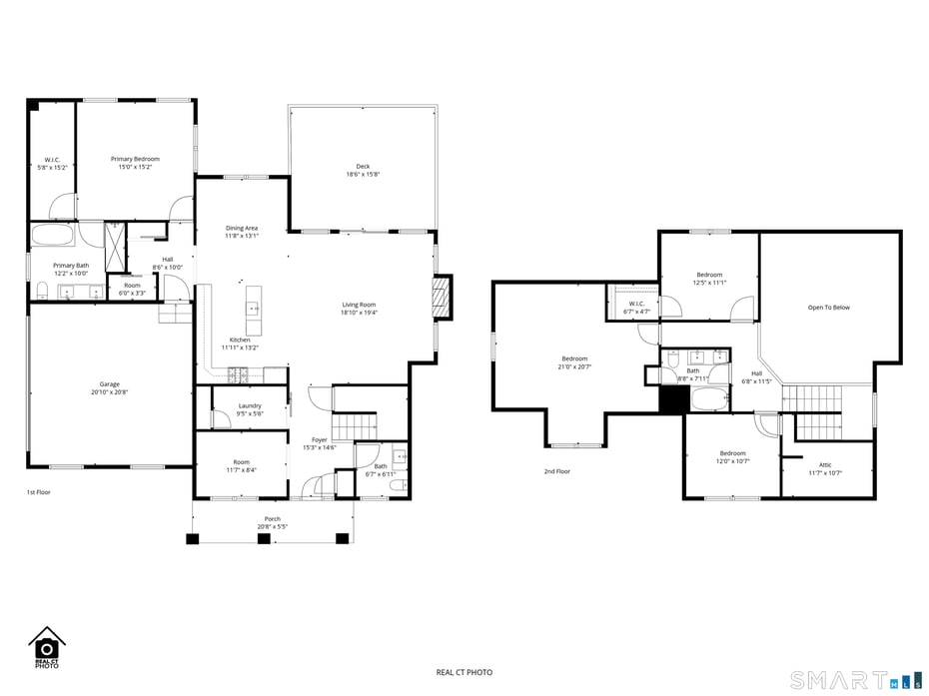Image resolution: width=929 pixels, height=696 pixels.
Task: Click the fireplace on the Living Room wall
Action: click(441, 298)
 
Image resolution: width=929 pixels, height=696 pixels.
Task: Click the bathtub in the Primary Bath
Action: click(52, 237)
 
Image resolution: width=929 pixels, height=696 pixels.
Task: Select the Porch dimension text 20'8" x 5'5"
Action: click(272, 526)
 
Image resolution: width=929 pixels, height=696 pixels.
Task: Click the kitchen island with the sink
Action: click(253, 310)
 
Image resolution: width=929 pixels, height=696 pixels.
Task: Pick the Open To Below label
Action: click(828, 308)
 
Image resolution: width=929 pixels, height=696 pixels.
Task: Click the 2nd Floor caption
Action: click(556, 471)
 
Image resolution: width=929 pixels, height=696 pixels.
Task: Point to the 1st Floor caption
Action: click(38, 492)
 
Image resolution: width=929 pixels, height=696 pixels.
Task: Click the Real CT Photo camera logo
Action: click(46, 644)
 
